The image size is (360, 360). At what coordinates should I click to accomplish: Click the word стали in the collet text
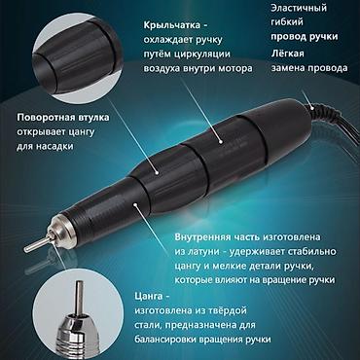point(159,324)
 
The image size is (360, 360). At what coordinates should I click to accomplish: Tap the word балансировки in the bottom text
point(190,339)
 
